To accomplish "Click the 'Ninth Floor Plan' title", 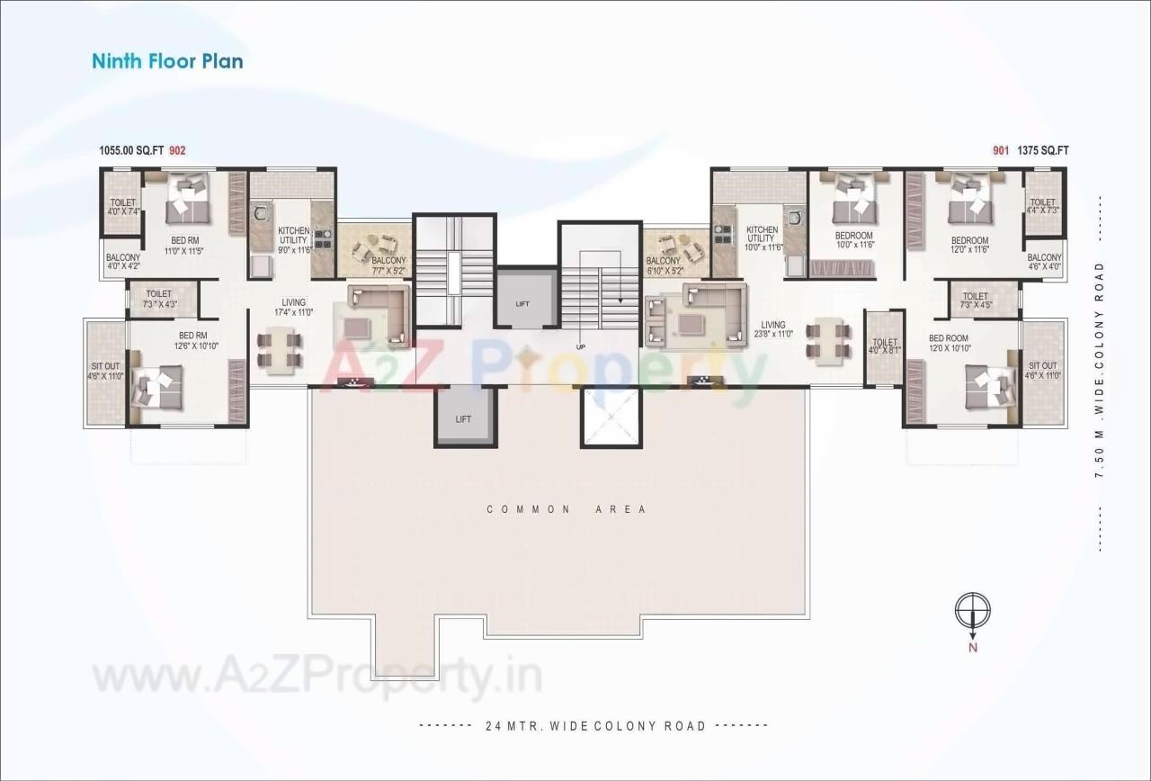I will [x=167, y=61].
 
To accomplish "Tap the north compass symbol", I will [x=972, y=612].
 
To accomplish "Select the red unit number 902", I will [x=177, y=151].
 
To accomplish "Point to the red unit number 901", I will [x=1001, y=151].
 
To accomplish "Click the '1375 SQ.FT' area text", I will [x=1043, y=151].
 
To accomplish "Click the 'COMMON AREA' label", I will [x=567, y=509].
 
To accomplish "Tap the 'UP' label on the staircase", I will [x=582, y=346].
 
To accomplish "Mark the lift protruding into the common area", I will [x=464, y=417].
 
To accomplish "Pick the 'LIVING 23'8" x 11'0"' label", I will [x=772, y=329].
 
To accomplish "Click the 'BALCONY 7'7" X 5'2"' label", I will [x=388, y=265].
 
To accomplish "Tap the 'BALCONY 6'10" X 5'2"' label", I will [x=664, y=265].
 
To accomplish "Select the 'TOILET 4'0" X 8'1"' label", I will [x=885, y=346].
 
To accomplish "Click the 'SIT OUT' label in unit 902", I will [x=106, y=372].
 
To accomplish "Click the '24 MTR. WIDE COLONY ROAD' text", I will [x=594, y=725].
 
